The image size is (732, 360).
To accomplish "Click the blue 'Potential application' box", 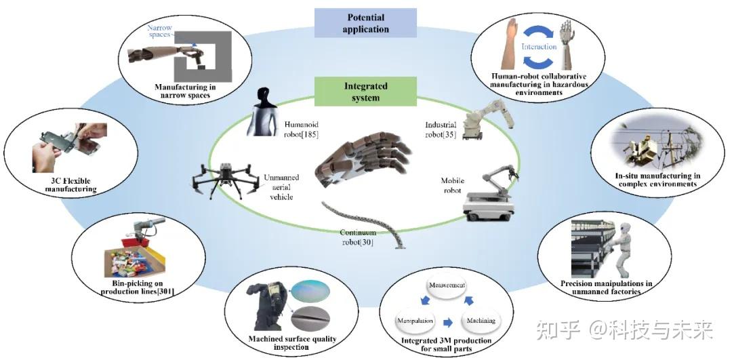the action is coord(365,23).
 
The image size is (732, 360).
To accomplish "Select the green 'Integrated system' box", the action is coord(365,92).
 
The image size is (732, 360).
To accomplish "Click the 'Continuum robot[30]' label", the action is coord(357,237).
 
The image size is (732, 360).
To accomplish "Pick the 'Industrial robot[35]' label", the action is coord(441,129).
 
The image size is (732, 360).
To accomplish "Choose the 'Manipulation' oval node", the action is coord(415,321).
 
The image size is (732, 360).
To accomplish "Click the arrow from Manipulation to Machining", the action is coord(448,322).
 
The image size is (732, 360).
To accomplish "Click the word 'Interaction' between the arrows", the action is coord(539,47).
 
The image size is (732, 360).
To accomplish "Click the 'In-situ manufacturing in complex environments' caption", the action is coord(657,180).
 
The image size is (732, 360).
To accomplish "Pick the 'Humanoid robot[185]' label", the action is coord(302,129).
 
